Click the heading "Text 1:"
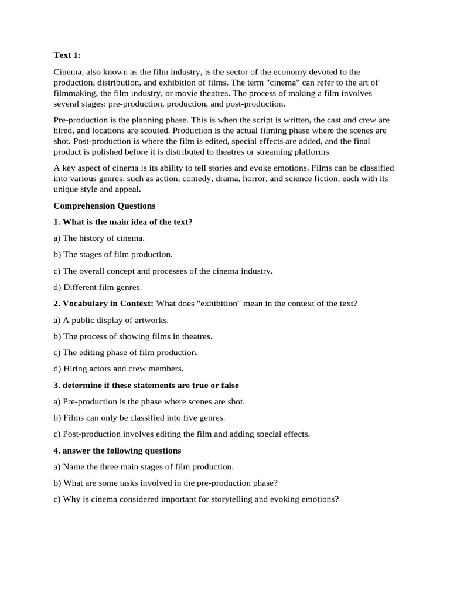[67, 56]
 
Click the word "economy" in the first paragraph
[288, 72]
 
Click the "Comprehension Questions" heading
[104, 206]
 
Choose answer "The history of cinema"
[99, 238]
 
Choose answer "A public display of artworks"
[111, 320]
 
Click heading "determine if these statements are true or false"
[146, 386]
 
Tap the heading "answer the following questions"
[117, 451]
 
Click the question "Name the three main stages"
[144, 467]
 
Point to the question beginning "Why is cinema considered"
[196, 500]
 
